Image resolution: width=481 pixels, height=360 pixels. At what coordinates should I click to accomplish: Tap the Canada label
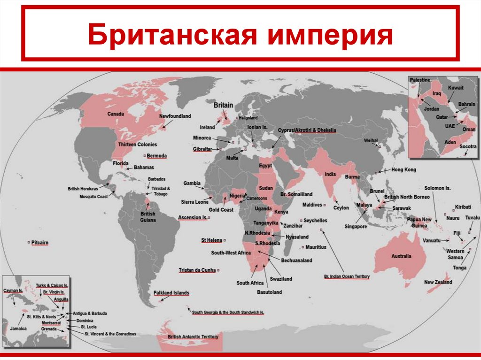[x=115, y=114]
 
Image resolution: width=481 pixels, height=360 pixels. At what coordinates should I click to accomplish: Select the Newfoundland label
[x=175, y=115]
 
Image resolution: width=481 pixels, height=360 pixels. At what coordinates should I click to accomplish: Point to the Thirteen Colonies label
[x=138, y=144]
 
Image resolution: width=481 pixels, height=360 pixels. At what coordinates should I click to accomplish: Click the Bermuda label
[x=157, y=155]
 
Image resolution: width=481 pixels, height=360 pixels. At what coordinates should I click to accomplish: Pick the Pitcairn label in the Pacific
[x=40, y=243]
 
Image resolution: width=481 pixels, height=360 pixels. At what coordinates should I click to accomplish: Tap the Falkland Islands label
[x=171, y=293]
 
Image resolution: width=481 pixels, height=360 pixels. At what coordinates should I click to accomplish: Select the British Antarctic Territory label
[x=193, y=337]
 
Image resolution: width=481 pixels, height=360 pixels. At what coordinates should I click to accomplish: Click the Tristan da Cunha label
[x=197, y=270]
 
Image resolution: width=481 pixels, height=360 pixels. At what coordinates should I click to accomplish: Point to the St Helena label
[x=211, y=240]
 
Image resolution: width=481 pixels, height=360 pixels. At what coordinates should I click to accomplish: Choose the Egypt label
[x=265, y=166]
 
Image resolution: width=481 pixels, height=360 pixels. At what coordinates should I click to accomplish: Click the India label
[x=330, y=174]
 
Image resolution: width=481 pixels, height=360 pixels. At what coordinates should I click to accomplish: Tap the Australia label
[x=401, y=256]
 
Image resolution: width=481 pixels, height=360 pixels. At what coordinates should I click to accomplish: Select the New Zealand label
[x=438, y=282]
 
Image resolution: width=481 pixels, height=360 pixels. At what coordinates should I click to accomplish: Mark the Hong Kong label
[x=403, y=169]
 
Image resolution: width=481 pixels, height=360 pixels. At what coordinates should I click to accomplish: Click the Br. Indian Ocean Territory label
[x=347, y=276]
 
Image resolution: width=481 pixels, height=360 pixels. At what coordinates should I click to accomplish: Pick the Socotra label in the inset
[x=468, y=146]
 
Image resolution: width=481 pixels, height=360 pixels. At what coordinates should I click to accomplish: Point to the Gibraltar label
[x=203, y=149]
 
